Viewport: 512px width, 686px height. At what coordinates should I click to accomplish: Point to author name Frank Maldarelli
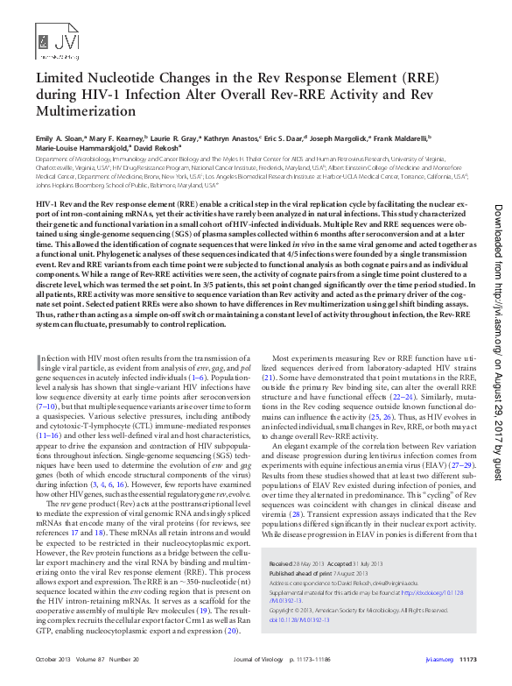tap(420, 138)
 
